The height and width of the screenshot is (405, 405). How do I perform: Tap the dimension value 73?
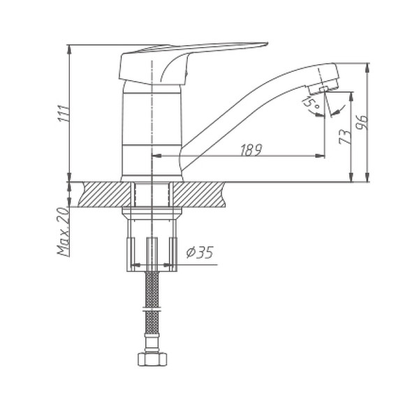tap(343, 136)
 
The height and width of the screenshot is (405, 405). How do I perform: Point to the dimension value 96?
tap(361, 121)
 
